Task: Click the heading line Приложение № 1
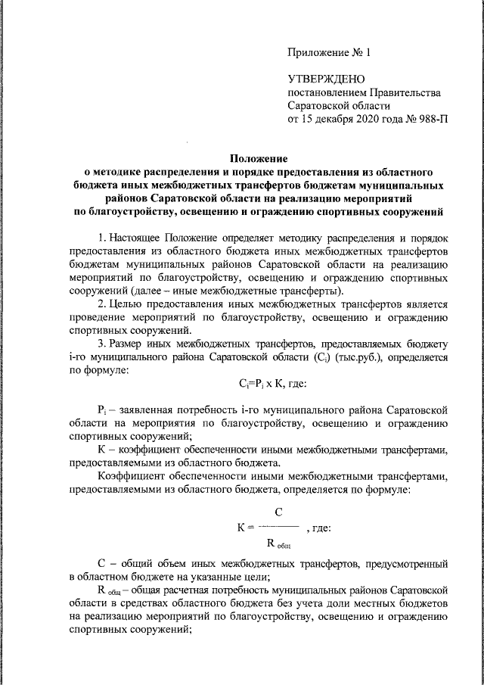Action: pyautogui.click(x=330, y=53)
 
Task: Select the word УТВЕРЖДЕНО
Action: pyautogui.click(x=326, y=79)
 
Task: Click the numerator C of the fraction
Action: pyautogui.click(x=278, y=512)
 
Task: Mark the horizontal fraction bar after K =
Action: pyautogui.click(x=278, y=526)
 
